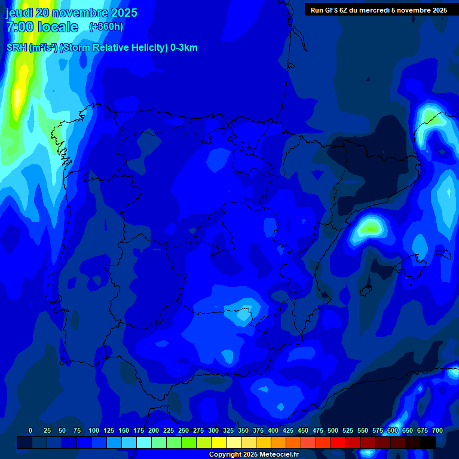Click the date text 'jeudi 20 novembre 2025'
tap(71, 13)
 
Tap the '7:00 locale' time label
tap(42, 27)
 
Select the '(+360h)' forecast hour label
tap(106, 27)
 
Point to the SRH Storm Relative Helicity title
tap(102, 48)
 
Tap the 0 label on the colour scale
tap(30, 430)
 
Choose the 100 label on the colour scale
tap(94, 430)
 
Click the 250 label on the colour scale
tap(183, 430)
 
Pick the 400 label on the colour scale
tap(273, 430)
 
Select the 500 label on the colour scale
tap(333, 430)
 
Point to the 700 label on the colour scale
tap(437, 430)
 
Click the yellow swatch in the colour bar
tap(219, 442)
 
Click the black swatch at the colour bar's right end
tap(428, 442)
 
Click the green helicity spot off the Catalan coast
tap(370, 227)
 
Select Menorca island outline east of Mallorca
tap(443, 254)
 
